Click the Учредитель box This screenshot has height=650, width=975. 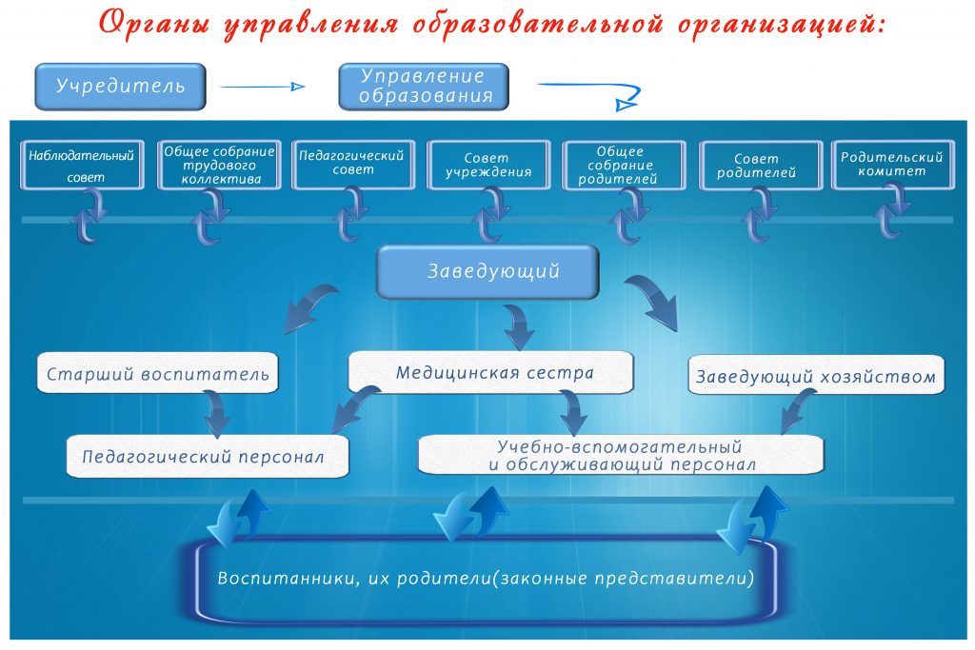pos(120,87)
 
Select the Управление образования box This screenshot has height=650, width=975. pos(424,87)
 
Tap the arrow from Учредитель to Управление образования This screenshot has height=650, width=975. pos(263,87)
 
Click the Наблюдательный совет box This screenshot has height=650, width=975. pos(82,166)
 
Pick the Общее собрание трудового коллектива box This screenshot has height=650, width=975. pos(219,166)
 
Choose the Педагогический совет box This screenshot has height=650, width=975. pos(353,166)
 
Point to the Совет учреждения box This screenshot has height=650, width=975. pos(488,166)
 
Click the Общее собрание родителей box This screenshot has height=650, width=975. pos(624,166)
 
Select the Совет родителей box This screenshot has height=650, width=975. pos(761,166)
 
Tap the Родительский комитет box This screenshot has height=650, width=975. pos(893,166)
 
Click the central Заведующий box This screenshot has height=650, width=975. pos(488,271)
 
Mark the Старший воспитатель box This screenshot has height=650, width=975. pos(157,373)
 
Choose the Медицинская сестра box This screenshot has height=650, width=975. pos(490,372)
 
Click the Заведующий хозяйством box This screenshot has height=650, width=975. pos(816,375)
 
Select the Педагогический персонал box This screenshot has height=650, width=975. pos(207,457)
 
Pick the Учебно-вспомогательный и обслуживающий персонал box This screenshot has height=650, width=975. pos(621,455)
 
